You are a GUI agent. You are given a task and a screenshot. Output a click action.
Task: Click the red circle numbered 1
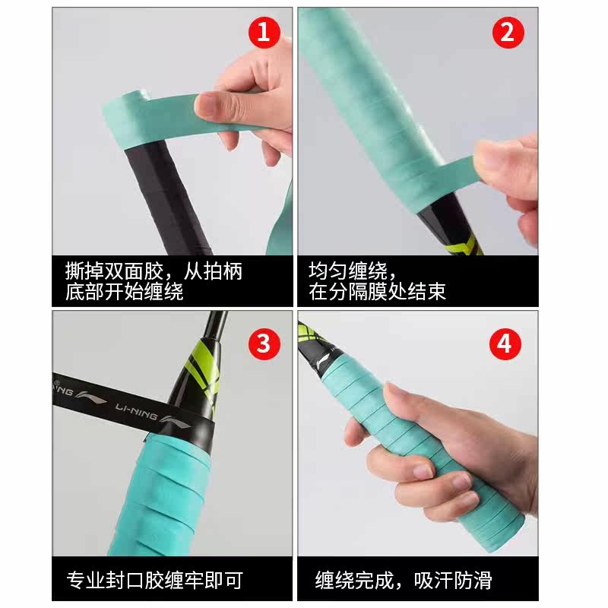(x=264, y=33)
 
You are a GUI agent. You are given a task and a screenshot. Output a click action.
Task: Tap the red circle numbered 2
(x=508, y=33)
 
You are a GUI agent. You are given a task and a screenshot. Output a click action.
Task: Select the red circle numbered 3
(x=264, y=344)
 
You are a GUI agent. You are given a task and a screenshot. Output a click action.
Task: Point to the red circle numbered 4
(x=505, y=344)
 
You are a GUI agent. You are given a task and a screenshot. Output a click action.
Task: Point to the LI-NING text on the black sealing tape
(x=136, y=411)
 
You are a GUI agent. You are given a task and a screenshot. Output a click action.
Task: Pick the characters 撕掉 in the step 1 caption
(x=84, y=271)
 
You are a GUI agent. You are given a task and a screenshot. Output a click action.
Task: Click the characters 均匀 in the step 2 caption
(x=328, y=271)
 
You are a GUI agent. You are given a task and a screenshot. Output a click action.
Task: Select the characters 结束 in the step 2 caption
(x=426, y=291)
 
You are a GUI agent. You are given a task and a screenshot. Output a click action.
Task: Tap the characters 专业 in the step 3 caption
(x=86, y=580)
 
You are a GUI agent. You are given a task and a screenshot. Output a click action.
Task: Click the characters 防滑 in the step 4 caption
(x=473, y=580)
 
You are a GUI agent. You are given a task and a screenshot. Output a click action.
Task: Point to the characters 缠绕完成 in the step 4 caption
(x=354, y=580)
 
